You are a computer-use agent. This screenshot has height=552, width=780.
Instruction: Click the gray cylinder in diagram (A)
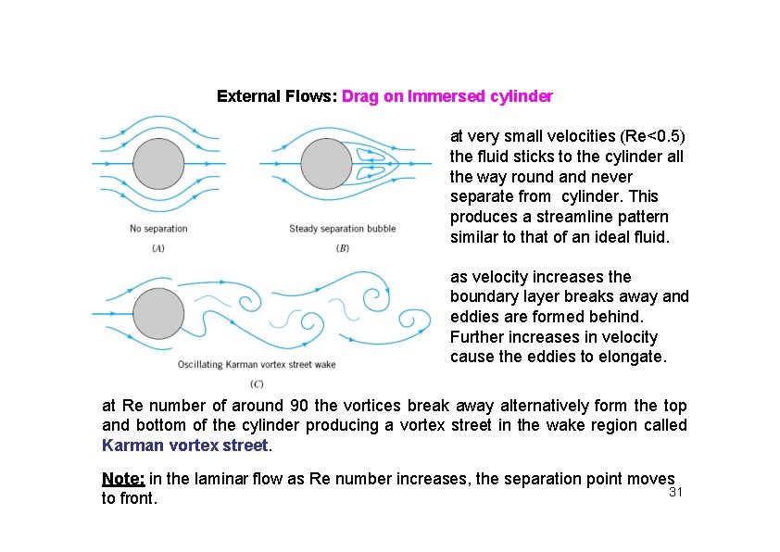157,164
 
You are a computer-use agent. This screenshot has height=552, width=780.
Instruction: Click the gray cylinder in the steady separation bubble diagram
327,164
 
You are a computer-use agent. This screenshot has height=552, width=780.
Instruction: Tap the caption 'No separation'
158,229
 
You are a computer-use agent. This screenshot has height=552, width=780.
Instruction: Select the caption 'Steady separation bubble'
342,229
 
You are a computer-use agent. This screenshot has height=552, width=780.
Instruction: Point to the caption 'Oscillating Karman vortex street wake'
257,364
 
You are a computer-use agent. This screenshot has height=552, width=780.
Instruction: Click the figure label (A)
158,247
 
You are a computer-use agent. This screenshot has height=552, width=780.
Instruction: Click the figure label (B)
342,247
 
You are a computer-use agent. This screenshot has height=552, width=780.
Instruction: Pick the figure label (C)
257,383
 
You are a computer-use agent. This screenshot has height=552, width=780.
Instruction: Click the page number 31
676,492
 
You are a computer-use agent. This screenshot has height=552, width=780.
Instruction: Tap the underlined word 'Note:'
123,479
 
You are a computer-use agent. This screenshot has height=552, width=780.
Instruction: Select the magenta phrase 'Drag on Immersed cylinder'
447,96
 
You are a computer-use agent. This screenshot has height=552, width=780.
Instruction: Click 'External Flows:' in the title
276,96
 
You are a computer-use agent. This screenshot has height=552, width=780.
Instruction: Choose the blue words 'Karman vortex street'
183,445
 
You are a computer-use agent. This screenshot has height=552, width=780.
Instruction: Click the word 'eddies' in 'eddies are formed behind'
473,318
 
